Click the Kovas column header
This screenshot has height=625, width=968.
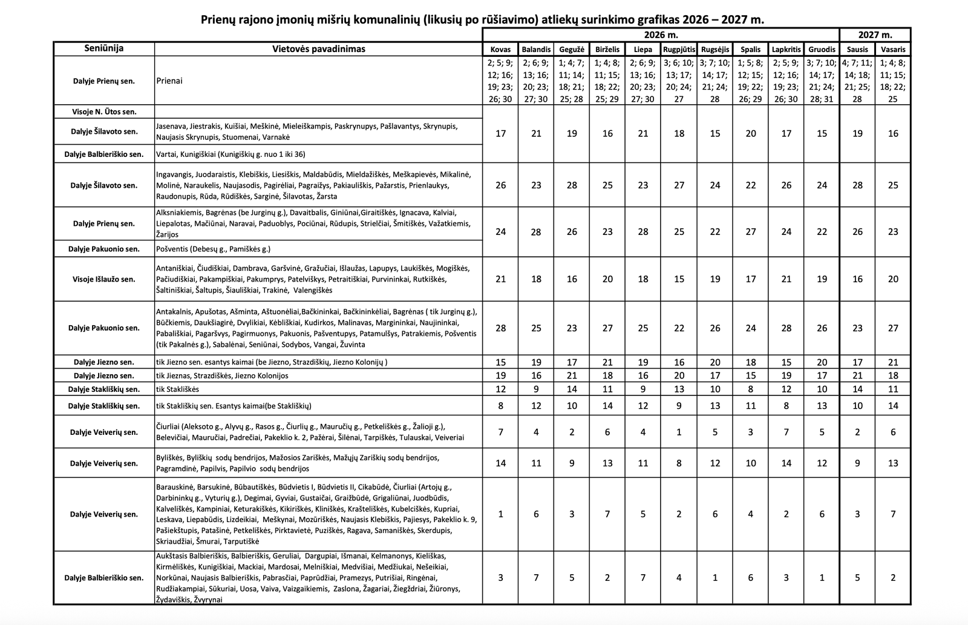click(500, 49)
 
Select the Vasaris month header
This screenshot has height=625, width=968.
click(893, 49)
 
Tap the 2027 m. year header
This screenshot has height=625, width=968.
click(875, 35)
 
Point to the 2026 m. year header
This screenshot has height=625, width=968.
click(661, 35)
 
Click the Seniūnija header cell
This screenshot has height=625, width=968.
click(104, 48)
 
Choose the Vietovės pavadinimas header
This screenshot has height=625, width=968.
click(318, 48)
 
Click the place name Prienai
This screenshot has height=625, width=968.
click(169, 81)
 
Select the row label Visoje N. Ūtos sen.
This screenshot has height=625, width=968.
click(104, 111)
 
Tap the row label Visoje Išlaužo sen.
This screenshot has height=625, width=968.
click(104, 279)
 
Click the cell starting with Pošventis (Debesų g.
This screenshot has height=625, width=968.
click(213, 249)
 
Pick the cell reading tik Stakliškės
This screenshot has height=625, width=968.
click(177, 389)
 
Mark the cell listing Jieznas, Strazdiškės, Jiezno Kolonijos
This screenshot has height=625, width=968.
click(221, 375)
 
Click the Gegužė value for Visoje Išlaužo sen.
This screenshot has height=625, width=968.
click(572, 279)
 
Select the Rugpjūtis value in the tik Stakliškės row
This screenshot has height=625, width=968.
click(679, 389)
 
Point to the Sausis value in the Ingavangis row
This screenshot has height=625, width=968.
click(857, 185)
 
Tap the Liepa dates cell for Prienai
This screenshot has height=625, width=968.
click(643, 81)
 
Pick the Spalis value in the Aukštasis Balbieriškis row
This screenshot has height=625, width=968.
click(750, 578)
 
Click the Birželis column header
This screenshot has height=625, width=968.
click(607, 49)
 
